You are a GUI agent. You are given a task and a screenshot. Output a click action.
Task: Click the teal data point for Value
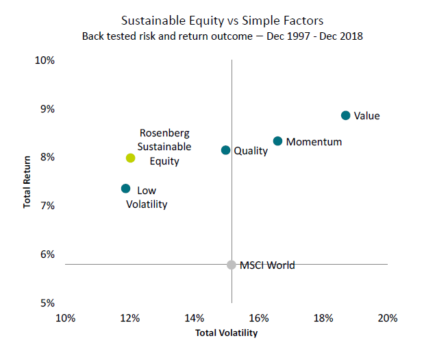point(345,115)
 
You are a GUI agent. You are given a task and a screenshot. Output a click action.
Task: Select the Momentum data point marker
point(277,141)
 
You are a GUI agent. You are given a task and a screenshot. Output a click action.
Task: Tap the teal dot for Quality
point(225,150)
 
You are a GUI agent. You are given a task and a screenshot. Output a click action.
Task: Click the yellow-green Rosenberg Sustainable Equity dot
point(130,158)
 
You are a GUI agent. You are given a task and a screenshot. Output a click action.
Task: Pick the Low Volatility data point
point(125,189)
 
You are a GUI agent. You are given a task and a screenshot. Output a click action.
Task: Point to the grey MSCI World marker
point(232,265)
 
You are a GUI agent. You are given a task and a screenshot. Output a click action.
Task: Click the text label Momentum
point(314,142)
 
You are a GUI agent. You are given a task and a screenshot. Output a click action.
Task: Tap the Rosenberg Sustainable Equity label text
point(165,147)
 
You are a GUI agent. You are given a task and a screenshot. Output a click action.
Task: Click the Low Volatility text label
point(147,197)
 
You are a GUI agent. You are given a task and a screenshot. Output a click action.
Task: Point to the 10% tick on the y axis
point(45,60)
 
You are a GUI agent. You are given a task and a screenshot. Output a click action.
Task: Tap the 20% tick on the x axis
point(388,318)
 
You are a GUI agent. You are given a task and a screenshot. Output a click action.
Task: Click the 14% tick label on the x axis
point(194,318)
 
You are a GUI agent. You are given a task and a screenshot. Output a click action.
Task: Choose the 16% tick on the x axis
point(258,318)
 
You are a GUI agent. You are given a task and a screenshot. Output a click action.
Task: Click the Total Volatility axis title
point(226,333)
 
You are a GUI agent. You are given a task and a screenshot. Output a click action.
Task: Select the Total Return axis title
point(28,181)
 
